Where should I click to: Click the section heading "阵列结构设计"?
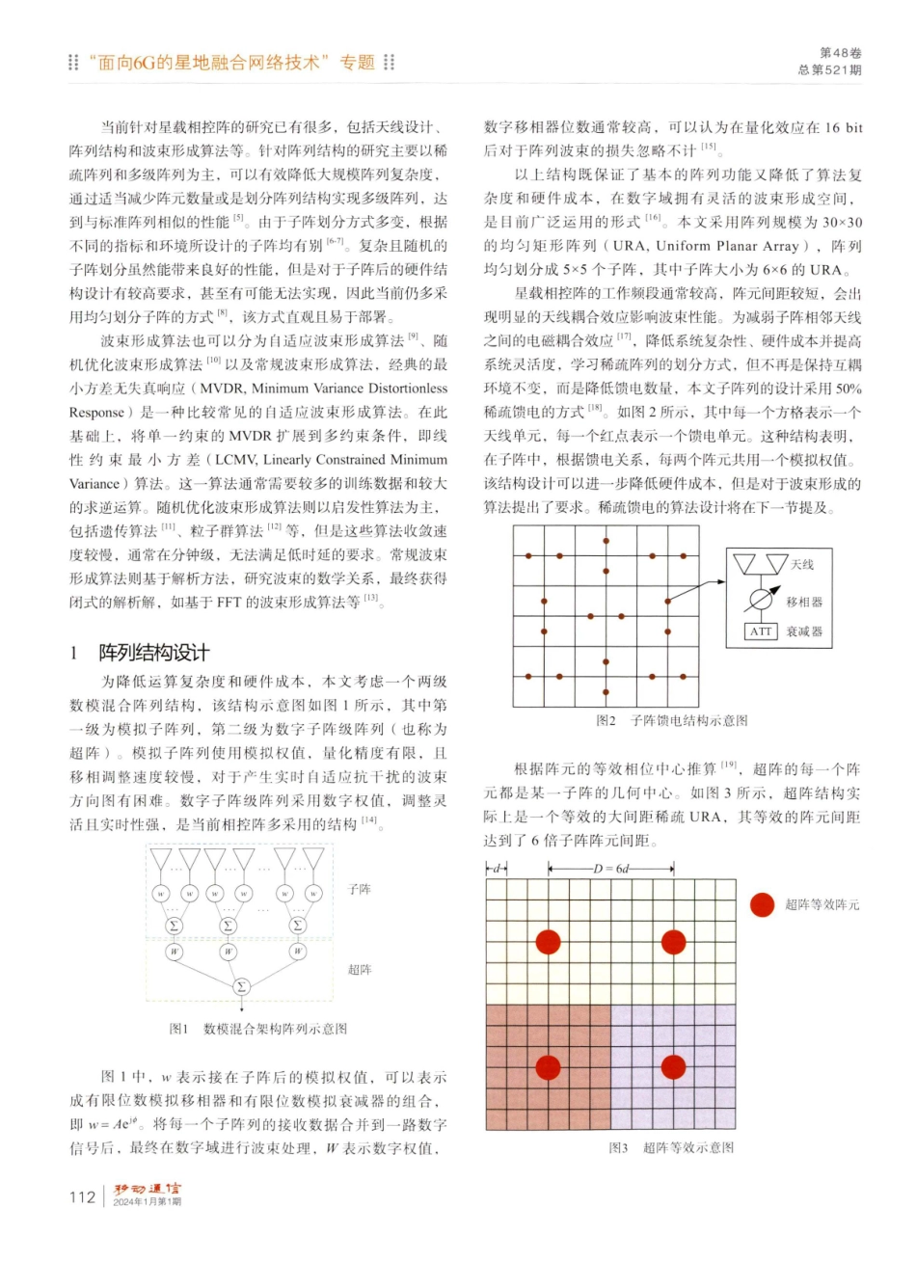153,653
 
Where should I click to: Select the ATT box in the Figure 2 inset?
761,631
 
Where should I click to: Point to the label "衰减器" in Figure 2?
804,631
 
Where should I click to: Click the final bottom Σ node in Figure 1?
240,985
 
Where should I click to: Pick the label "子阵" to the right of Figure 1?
359,889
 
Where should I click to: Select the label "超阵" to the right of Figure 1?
359,969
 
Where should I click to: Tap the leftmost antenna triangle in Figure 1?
161,859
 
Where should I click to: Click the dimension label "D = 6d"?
610,869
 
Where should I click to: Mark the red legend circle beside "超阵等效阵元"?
763,904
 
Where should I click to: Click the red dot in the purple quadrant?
673,1067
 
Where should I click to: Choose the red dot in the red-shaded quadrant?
548,1067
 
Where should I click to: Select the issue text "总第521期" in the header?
830,70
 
